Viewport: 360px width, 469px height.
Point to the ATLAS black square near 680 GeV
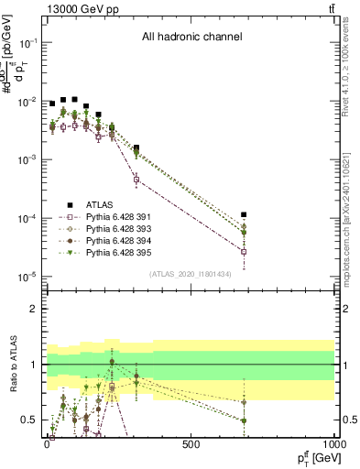(x=244, y=214)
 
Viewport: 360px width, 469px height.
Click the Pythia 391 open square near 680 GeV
(x=244, y=251)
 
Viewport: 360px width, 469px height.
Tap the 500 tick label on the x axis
(x=191, y=442)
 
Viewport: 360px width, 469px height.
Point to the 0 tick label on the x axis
(x=47, y=442)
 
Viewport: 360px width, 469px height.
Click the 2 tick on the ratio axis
(x=35, y=309)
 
